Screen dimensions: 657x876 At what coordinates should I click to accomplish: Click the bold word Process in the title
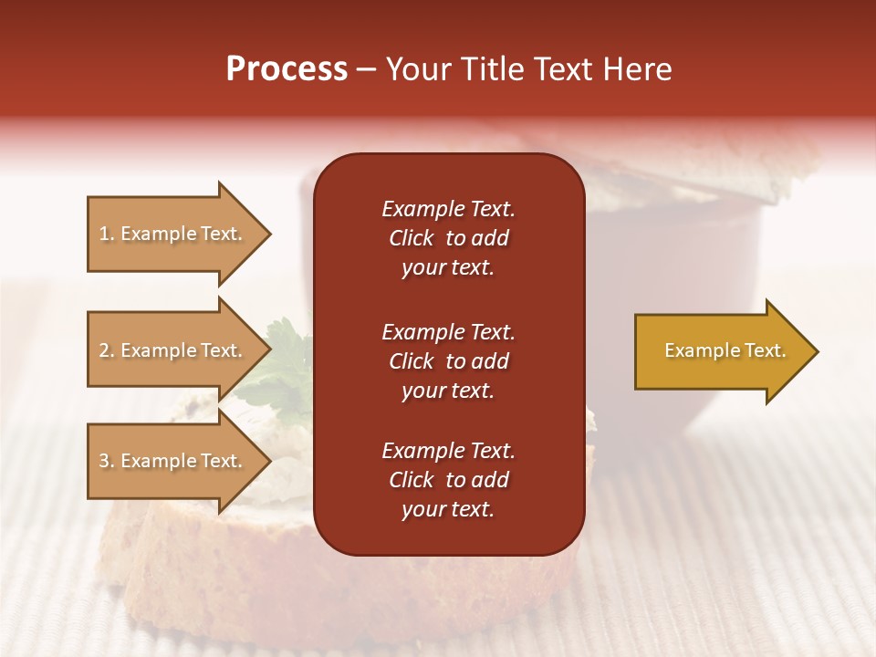coord(287,69)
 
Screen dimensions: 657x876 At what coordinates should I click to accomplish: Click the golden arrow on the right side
coord(721,351)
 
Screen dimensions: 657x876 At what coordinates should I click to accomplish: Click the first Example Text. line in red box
coord(448,209)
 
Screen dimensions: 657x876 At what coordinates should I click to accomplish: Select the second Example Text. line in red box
coord(448,332)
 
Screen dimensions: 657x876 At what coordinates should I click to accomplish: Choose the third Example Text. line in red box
coord(448,451)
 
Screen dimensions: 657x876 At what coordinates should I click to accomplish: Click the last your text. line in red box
coord(448,509)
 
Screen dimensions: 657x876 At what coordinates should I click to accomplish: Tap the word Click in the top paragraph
coord(412,238)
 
